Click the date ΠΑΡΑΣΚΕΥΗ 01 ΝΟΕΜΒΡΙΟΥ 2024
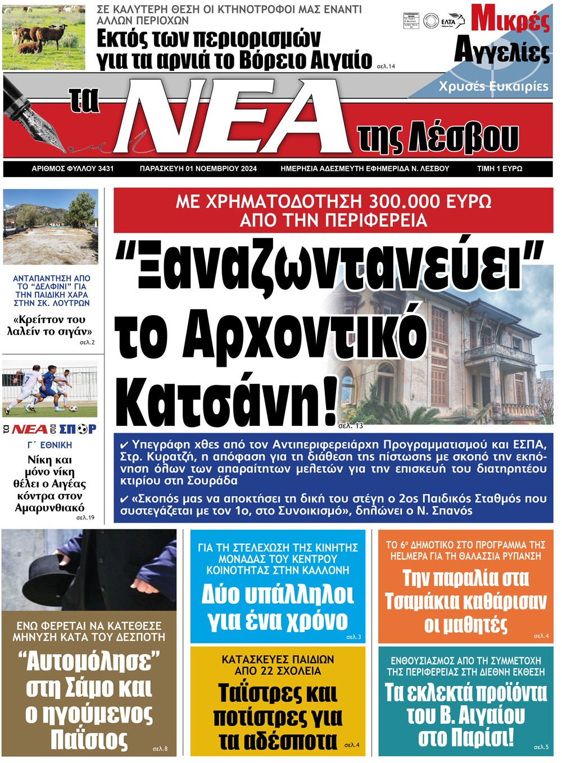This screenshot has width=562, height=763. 198,169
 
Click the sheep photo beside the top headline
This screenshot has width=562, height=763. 44,37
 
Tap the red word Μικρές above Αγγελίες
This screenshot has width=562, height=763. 510,20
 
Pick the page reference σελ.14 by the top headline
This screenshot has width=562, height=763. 386,66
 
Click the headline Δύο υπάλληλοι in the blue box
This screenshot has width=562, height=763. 278,594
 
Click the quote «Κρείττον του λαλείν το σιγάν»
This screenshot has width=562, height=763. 49,325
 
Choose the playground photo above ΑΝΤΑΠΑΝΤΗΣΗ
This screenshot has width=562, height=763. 51,226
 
